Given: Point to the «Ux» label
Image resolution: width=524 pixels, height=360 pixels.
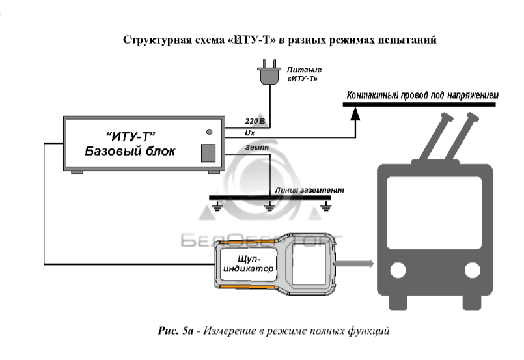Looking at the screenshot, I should (x=251, y=132).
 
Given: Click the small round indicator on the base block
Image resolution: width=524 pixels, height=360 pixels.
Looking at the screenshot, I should (x=209, y=132).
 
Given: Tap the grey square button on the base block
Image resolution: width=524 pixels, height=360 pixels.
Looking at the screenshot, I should (x=208, y=152).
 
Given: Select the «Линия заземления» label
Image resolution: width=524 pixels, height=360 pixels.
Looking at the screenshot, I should (x=309, y=191).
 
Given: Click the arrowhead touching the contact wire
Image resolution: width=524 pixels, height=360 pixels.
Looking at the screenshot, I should (x=355, y=113).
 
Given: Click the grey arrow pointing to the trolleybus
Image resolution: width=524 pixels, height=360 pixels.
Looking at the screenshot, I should (x=355, y=264).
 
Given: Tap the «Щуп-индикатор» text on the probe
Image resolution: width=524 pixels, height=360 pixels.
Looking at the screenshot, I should (x=248, y=264).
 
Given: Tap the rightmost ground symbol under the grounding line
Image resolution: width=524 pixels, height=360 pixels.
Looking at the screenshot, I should (x=327, y=208).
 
